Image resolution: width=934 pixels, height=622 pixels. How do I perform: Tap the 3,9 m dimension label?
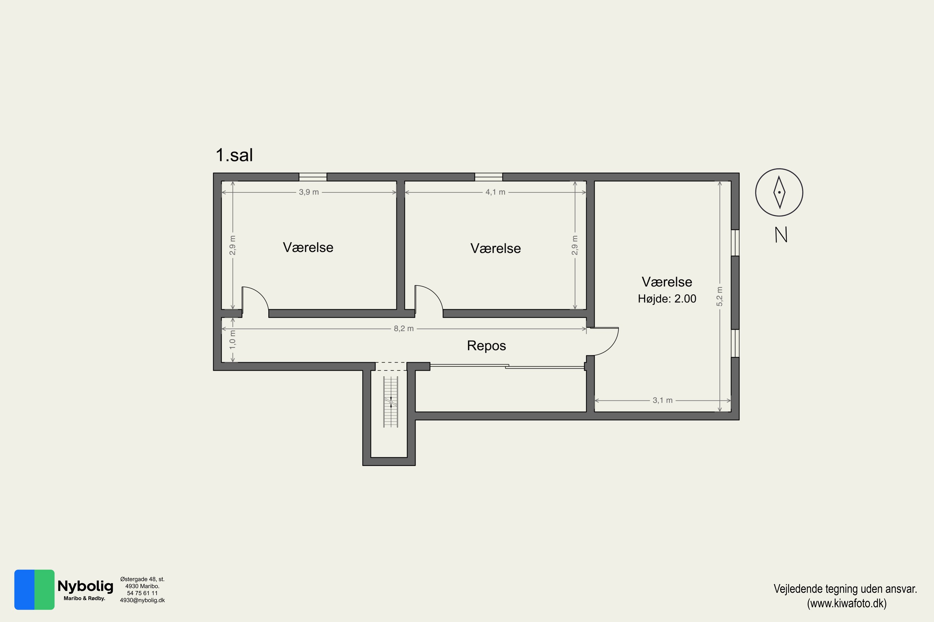(x=309, y=192)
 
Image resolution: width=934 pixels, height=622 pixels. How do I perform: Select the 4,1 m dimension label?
(x=495, y=192)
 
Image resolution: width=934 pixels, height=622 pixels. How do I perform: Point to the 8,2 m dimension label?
(x=404, y=328)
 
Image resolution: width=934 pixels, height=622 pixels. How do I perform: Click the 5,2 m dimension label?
(x=719, y=296)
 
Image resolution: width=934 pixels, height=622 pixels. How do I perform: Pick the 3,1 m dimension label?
(x=663, y=400)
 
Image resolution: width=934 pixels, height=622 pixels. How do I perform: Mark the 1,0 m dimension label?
(x=233, y=340)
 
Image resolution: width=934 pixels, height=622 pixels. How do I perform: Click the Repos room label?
(x=486, y=346)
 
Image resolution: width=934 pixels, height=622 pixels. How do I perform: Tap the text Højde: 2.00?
(x=667, y=299)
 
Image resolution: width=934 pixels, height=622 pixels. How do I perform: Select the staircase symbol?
(x=391, y=402)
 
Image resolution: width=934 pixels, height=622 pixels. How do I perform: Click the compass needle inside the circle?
(x=779, y=193)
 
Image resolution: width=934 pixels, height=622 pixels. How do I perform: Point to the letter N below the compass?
(x=781, y=235)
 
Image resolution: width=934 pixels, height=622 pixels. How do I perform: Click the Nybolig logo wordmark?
(x=85, y=586)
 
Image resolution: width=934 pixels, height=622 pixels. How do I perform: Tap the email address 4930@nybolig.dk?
(x=142, y=600)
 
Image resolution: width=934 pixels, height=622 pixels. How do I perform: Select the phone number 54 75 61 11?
(x=142, y=593)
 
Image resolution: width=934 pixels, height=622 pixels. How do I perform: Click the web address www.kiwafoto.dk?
(x=847, y=603)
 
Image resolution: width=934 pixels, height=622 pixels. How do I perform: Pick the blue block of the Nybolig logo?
(x=25, y=589)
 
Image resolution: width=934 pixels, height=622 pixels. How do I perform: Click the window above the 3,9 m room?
(x=313, y=177)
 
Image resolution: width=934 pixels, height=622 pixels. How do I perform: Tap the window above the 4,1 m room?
(x=488, y=177)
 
